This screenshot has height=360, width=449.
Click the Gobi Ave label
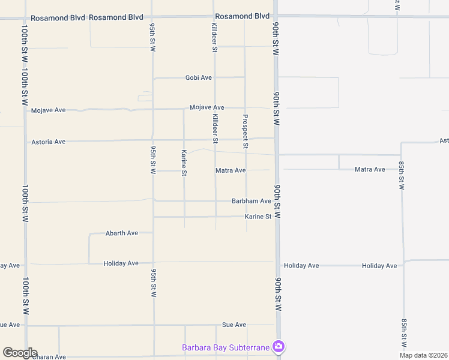[x=199, y=78]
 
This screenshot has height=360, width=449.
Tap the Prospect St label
[x=245, y=131]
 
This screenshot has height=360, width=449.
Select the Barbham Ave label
[x=252, y=201]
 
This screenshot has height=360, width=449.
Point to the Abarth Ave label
[x=122, y=233]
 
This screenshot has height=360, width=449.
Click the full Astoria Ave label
[x=48, y=142]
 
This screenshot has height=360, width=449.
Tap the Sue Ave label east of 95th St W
[x=234, y=325]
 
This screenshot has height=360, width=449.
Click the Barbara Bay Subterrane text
[x=226, y=347]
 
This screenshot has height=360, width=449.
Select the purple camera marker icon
[x=278, y=347]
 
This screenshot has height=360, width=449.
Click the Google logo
[x=20, y=353]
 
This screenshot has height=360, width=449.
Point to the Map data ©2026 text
[x=424, y=355]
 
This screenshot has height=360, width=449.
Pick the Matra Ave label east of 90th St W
[x=370, y=169]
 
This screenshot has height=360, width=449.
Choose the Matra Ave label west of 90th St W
[x=231, y=170]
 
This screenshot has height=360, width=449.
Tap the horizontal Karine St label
[x=258, y=217]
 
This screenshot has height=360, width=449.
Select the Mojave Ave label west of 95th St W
[x=48, y=110]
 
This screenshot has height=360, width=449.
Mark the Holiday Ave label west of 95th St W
[x=121, y=263]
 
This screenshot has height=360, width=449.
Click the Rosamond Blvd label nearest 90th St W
[x=243, y=16]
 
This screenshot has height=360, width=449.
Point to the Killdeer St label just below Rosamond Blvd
[x=214, y=37]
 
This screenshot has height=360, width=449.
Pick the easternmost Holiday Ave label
[x=379, y=266]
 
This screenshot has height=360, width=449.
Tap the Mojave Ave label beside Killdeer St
[x=206, y=107]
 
